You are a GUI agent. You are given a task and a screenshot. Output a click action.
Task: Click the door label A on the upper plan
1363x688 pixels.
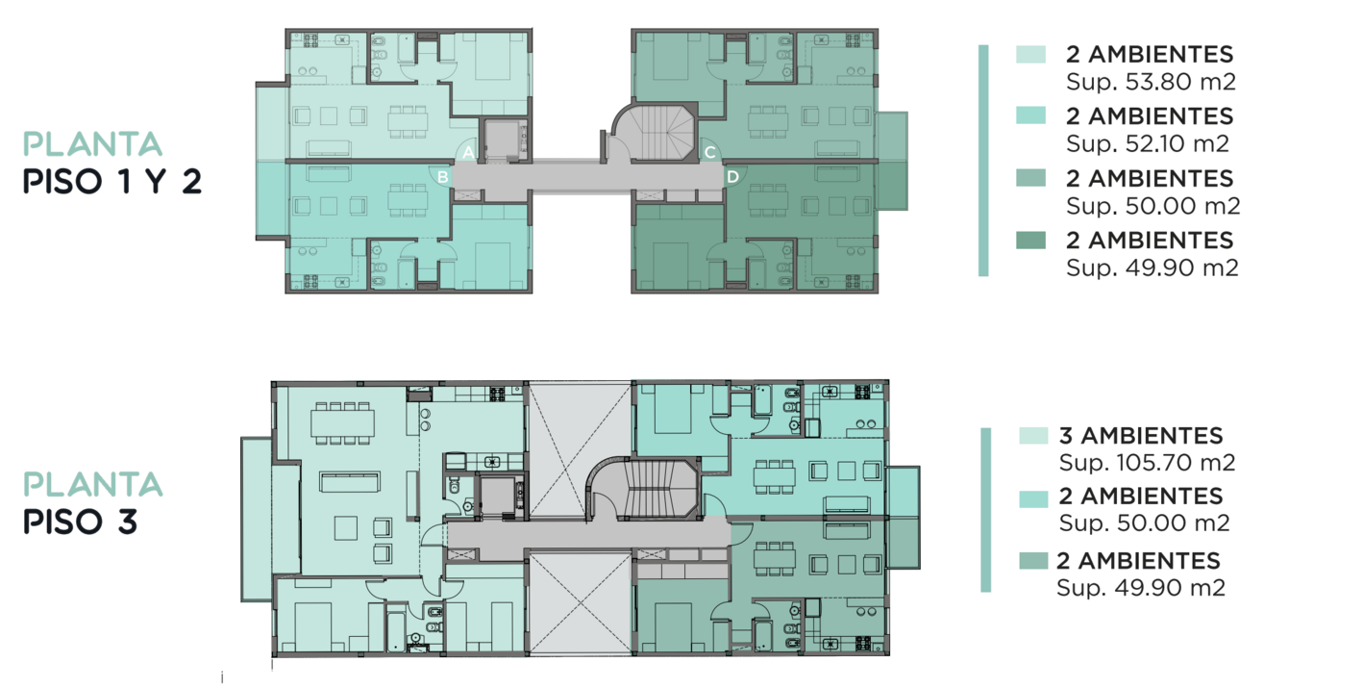click(x=468, y=152)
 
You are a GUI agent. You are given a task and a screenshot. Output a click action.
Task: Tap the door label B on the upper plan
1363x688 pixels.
click(x=443, y=177)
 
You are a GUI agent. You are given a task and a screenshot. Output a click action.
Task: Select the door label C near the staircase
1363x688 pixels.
click(x=709, y=152)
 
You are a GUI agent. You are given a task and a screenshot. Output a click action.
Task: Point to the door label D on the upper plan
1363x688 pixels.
click(x=732, y=177)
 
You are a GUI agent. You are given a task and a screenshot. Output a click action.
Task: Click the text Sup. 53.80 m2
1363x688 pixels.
click(x=1151, y=82)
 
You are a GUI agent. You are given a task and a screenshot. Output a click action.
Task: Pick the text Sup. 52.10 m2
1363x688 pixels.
click(x=1148, y=143)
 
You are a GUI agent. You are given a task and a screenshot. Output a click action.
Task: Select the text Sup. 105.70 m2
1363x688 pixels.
click(x=1147, y=463)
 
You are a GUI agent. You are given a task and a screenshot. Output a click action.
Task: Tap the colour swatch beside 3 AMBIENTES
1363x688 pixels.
click(x=1033, y=436)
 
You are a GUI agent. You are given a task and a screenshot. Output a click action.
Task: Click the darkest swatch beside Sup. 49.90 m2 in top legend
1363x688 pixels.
click(x=1030, y=241)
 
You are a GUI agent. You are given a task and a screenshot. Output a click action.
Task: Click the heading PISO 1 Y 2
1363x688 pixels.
click(x=112, y=182)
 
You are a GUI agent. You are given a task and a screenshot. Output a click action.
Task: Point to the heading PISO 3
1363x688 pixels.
click(x=80, y=522)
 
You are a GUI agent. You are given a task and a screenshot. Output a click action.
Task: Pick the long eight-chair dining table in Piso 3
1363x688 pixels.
click(x=342, y=423)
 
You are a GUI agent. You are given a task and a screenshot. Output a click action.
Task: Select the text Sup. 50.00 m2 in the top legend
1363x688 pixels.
click(x=1153, y=206)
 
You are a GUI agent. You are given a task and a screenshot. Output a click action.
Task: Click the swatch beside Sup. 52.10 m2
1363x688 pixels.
click(x=1030, y=115)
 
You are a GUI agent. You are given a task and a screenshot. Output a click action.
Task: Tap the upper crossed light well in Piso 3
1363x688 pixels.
click(x=580, y=450)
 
